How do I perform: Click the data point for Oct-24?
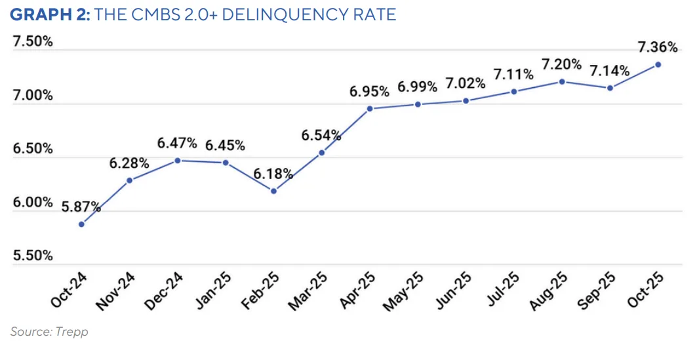coord(81,224)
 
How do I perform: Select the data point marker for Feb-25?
coord(274,191)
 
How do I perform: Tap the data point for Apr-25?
coord(370,109)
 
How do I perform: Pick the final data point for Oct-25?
coord(658,64)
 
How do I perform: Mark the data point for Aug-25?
coord(562,81)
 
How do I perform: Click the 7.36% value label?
coord(658,47)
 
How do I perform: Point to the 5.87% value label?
coord(81,207)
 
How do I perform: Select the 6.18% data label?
coord(274,174)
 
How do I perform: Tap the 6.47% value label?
coord(177,143)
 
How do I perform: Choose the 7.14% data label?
coord(610,71)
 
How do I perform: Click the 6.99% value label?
coord(418,87)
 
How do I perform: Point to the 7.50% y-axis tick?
coord(33,42)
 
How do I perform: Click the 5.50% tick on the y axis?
coord(33,256)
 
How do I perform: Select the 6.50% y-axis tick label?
coord(33,149)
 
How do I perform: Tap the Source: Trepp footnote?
coord(49,332)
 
